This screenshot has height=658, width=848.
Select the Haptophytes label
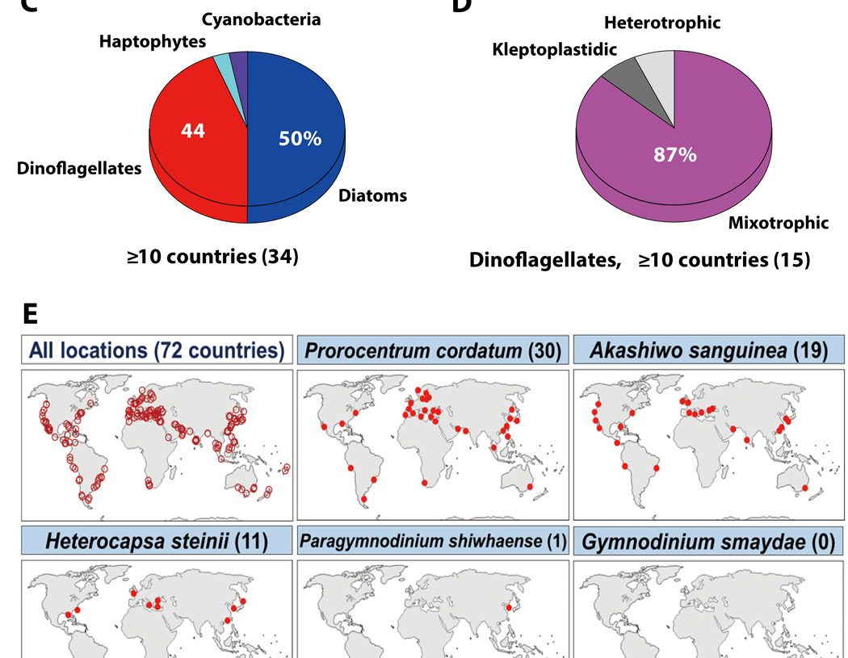pos(153,40)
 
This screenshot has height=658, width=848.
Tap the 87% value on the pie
pos(675,154)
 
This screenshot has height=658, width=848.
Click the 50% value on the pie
pos(300,139)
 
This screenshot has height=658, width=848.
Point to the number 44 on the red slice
pos(193,131)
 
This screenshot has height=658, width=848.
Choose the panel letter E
pos(29,313)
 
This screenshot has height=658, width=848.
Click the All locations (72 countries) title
pos(156,351)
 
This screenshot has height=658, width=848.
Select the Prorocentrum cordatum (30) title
pos(433,351)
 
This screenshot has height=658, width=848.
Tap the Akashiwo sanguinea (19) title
pos(708,351)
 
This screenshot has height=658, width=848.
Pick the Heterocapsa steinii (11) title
pos(156,541)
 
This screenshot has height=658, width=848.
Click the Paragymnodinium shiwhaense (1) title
pos(433,541)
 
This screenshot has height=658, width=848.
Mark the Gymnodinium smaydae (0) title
pos(708,541)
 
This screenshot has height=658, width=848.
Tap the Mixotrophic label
pos(778,222)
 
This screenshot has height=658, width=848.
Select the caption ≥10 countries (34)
pos(212,258)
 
